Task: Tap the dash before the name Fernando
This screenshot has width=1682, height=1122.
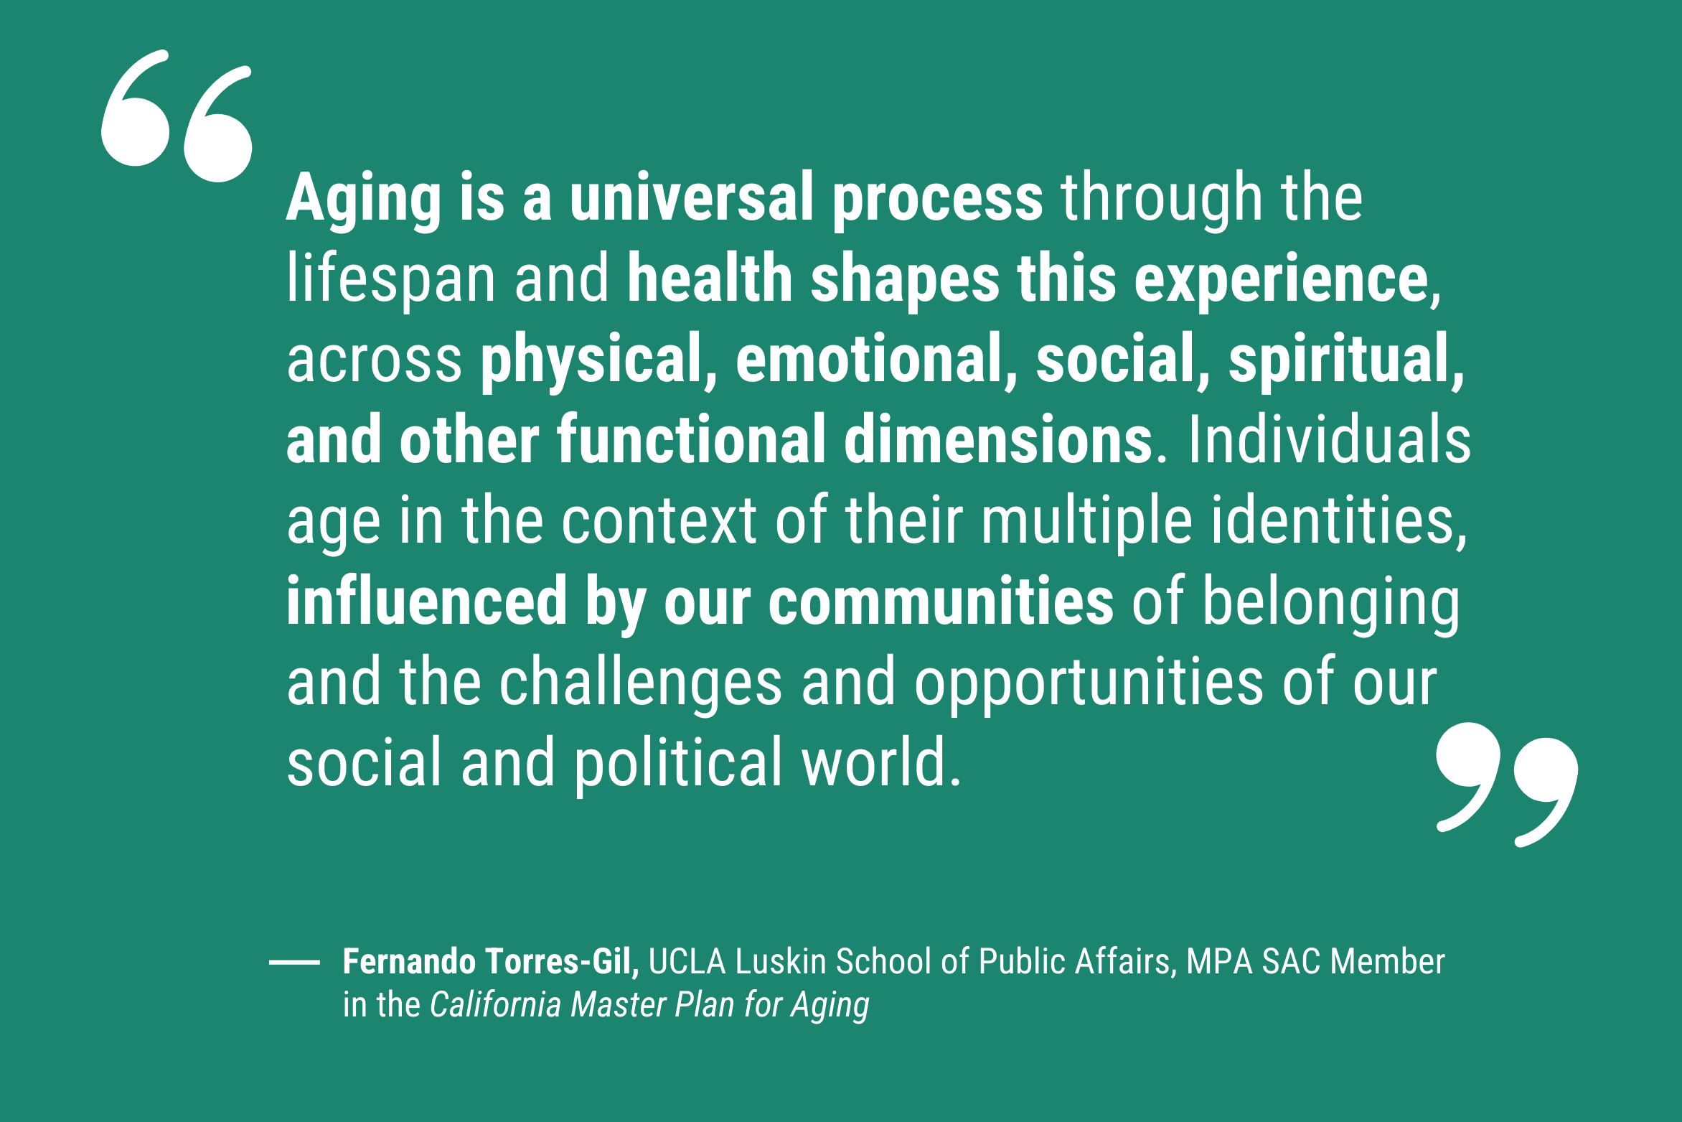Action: coord(294,962)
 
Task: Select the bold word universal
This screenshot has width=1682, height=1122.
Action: coord(691,197)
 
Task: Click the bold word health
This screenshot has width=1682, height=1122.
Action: coord(710,279)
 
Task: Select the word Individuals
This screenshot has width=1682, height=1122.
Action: coord(1329,439)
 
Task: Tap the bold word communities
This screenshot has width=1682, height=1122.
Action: coord(941,601)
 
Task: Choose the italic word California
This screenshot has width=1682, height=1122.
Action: coord(495,1004)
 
